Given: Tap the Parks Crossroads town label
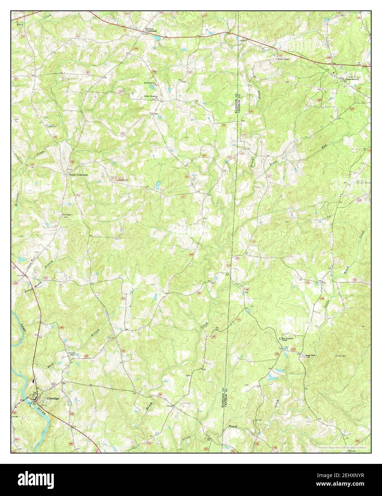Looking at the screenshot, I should point(78,175).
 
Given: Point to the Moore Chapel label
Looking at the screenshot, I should point(284,59).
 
